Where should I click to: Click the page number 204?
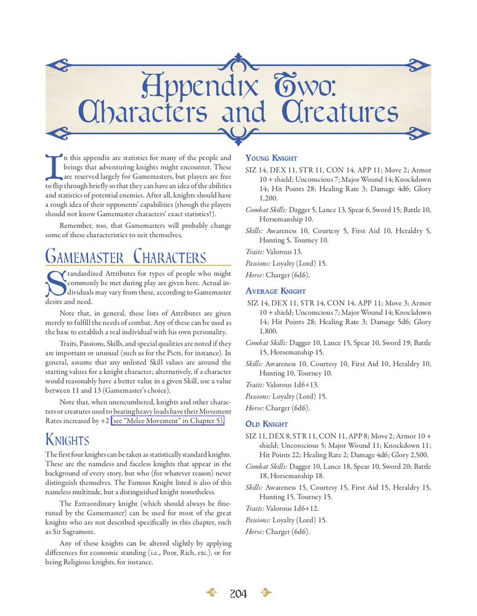[x=238, y=594]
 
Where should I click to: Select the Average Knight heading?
[x=276, y=291]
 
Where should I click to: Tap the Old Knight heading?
[x=267, y=424]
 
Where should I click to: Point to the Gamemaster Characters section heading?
[x=126, y=257]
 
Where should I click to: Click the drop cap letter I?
[x=53, y=172]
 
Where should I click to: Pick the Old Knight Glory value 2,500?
[x=415, y=455]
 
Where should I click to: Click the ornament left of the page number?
[x=211, y=593]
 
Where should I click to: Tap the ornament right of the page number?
[x=266, y=593]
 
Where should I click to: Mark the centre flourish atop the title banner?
[x=238, y=61]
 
